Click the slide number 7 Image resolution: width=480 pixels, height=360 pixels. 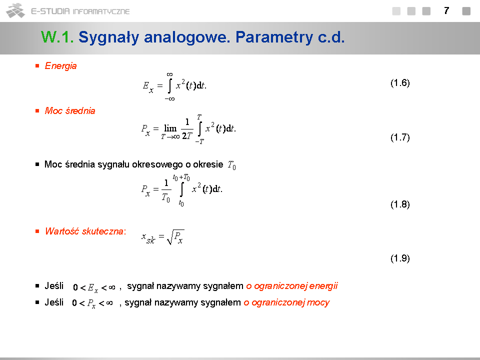(446, 11)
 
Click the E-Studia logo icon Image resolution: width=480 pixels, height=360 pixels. (15, 10)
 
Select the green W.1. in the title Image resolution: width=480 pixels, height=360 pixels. (57, 37)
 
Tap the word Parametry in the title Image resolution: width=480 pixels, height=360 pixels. (274, 37)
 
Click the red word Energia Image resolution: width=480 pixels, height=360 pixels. (60, 66)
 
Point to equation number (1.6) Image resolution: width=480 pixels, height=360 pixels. (400, 83)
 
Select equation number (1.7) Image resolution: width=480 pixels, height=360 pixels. (400, 137)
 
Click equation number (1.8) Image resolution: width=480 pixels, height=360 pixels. (400, 204)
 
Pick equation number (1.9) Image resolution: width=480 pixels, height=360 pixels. (400, 258)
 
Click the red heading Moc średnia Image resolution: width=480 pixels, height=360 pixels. (70, 111)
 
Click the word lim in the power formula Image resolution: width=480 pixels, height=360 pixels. (170, 128)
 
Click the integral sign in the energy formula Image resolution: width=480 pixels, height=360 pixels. (170, 86)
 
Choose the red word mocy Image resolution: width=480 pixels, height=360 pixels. (318, 303)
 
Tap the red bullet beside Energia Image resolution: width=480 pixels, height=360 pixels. (37, 66)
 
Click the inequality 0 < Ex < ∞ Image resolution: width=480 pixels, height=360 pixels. (94, 288)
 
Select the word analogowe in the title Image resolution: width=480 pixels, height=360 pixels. (186, 37)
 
